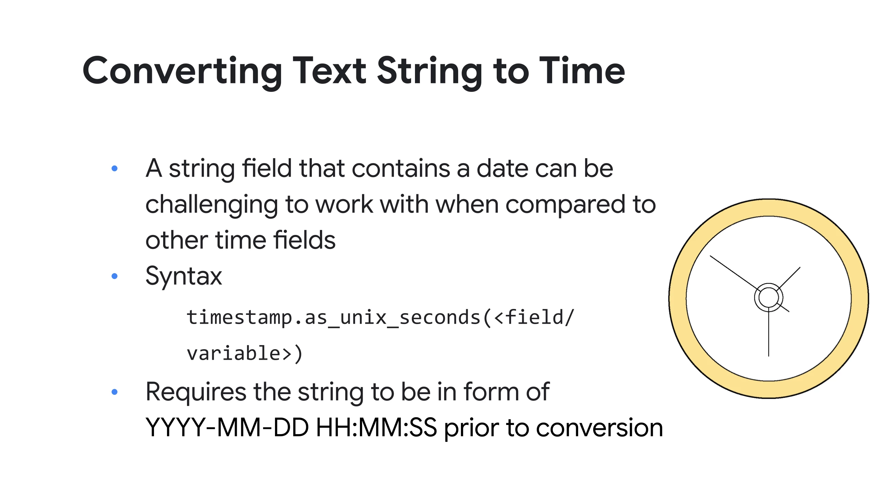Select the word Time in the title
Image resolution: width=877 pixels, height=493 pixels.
coord(582,71)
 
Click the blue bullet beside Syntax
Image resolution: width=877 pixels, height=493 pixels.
coord(114,276)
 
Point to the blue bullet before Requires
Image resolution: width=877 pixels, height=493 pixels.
coord(114,392)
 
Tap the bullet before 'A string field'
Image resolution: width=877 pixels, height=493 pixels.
coord(114,168)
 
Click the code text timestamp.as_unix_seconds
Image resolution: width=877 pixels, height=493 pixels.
coord(334,318)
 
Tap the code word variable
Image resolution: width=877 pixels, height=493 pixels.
coord(234,353)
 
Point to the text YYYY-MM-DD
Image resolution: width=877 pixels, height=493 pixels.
coord(227,427)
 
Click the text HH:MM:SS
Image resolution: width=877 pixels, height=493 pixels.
coord(376,427)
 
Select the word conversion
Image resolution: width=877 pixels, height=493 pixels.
coord(600,428)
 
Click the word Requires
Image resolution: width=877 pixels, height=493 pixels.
coord(196,392)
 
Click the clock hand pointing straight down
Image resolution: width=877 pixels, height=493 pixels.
coord(769,332)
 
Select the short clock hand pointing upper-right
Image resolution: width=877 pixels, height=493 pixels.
coord(789,278)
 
